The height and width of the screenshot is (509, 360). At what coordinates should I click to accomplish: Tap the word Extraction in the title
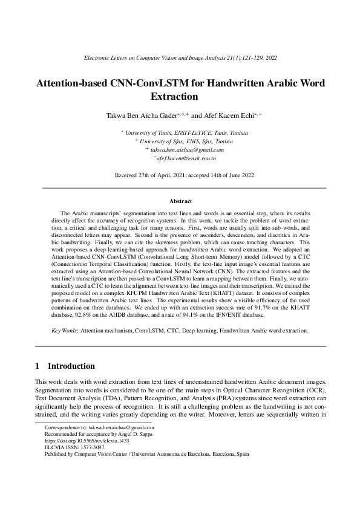pyautogui.click(x=180, y=96)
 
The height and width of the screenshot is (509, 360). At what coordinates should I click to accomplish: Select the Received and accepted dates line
pyautogui.click(x=180, y=175)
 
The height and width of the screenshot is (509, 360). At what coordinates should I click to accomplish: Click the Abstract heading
pyautogui.click(x=180, y=201)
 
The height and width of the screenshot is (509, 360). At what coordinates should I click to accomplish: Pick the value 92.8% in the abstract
pyautogui.click(x=82, y=314)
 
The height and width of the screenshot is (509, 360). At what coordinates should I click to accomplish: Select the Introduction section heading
pyautogui.click(x=71, y=366)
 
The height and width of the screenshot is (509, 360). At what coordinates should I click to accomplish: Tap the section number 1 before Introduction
pyautogui.click(x=38, y=366)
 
